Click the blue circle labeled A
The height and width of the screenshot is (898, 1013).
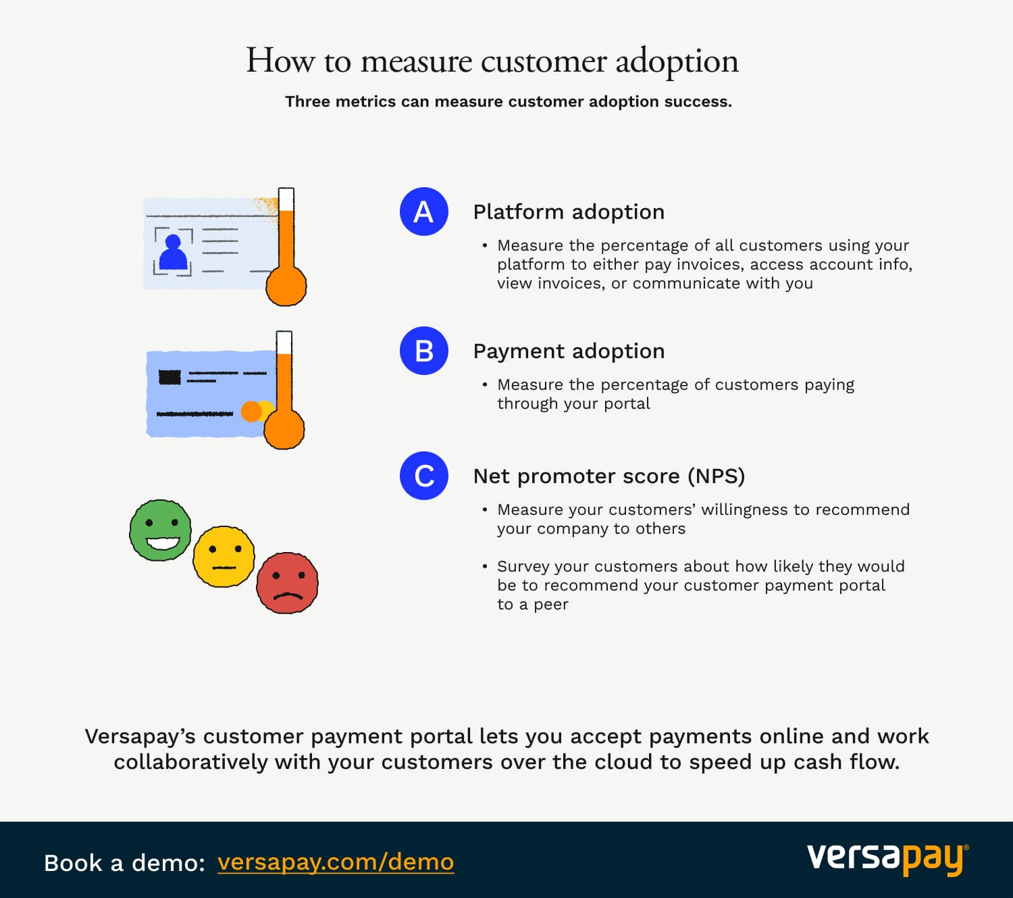point(424,211)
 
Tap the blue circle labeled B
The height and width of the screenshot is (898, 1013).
point(424,351)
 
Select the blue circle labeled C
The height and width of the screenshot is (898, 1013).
point(424,476)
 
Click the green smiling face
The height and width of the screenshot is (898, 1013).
point(161,530)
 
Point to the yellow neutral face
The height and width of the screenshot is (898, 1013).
point(224,556)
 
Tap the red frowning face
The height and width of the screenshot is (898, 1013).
point(288,583)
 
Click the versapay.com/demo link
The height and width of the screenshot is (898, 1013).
point(336,862)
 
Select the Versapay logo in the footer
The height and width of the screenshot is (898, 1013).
point(887,859)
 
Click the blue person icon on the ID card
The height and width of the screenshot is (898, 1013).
point(173,253)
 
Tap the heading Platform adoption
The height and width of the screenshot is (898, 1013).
point(569,212)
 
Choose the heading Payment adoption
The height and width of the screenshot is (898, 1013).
point(569,351)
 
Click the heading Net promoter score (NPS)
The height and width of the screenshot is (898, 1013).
point(609,476)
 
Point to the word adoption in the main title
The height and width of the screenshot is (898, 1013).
point(677,61)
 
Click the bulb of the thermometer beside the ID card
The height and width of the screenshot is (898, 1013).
point(286,286)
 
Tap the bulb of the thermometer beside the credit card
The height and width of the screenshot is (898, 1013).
point(284,430)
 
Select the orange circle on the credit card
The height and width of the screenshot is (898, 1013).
point(251,411)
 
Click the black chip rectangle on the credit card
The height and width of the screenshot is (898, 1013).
point(170,376)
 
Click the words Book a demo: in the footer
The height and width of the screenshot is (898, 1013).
point(124,863)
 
